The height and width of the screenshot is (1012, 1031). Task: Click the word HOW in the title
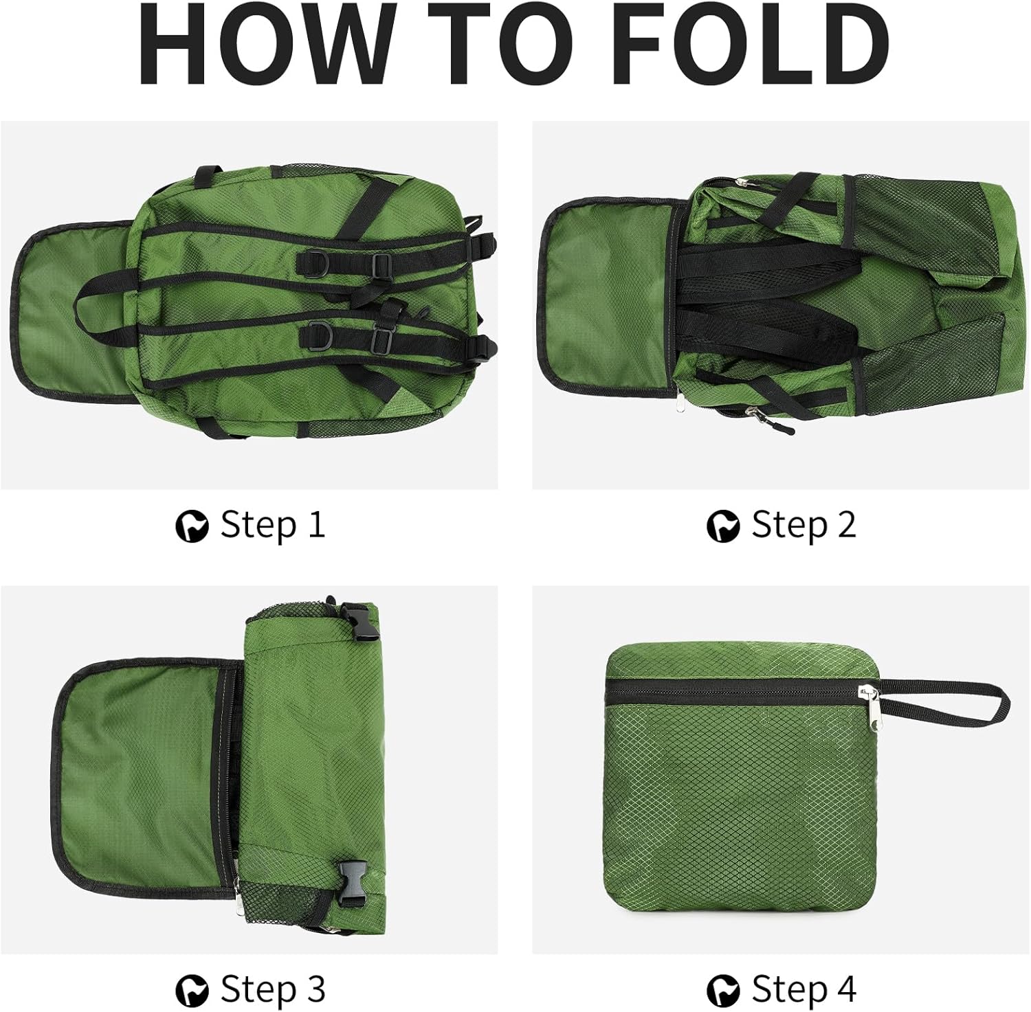267,46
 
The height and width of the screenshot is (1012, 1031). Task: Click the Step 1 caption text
272,526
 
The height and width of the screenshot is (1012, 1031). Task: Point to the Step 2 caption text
803,526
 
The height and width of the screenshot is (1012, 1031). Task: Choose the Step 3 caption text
272,990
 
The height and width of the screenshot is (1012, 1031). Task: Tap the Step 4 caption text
803,990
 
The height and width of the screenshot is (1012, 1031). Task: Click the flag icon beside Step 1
192,527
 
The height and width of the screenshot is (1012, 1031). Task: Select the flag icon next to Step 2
723,527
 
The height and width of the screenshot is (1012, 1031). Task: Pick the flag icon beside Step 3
192,991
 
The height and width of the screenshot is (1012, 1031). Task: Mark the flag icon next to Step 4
723,991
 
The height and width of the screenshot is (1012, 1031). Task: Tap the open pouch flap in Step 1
76,313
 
